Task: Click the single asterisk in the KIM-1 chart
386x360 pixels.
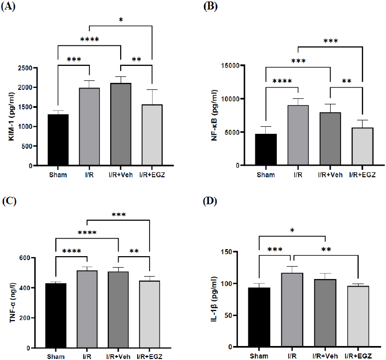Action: (x=120, y=20)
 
